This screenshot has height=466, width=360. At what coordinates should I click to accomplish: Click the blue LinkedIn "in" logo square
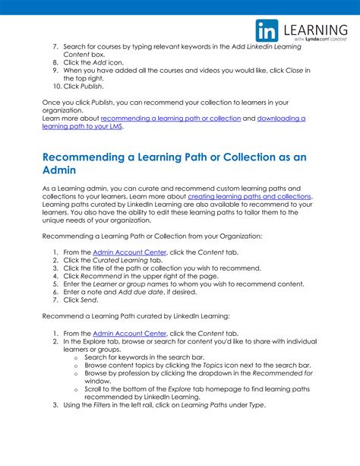click(267, 30)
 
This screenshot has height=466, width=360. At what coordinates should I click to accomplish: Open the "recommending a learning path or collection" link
click(170, 119)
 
